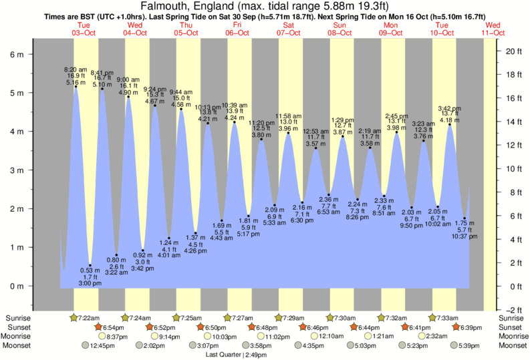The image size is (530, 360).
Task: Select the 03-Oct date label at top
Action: (84, 32)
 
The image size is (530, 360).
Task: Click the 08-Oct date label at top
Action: (340, 32)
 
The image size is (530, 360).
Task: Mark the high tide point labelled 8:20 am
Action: (76, 86)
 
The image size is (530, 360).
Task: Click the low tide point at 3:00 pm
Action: (90, 265)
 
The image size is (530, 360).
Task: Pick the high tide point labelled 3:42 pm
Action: (450, 124)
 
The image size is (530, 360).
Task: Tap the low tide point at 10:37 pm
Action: (465, 218)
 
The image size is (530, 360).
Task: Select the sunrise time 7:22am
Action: (90, 317)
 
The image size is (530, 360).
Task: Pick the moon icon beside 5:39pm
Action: (454, 345)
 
